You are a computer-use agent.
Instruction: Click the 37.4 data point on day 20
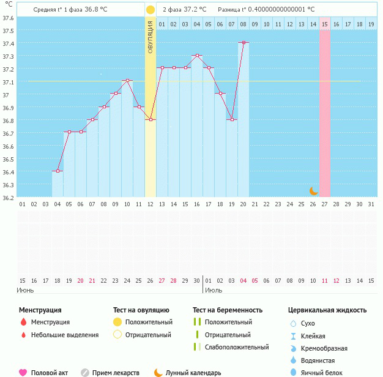coord(244,43)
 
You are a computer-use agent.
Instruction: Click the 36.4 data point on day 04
coord(58,171)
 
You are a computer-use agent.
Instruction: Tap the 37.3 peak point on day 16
coord(197,56)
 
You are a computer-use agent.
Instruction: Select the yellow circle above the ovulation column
coord(151,10)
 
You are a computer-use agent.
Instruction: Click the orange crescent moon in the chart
coord(313,191)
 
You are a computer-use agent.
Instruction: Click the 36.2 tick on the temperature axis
coord(8,197)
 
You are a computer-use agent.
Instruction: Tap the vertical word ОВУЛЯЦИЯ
coord(151,37)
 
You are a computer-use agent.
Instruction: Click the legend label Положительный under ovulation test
coord(149,322)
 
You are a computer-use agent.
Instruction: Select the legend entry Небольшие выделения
coord(65,335)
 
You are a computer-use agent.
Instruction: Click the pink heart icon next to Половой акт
coord(23,373)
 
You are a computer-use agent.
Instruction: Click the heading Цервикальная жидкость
coord(327,310)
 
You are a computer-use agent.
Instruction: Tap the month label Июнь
coord(25,289)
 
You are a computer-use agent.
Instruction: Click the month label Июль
coord(214,289)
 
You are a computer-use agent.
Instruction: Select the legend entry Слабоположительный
coord(237,347)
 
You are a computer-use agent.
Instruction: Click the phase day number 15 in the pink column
coord(325,24)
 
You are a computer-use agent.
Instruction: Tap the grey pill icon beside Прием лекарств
coord(86,373)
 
